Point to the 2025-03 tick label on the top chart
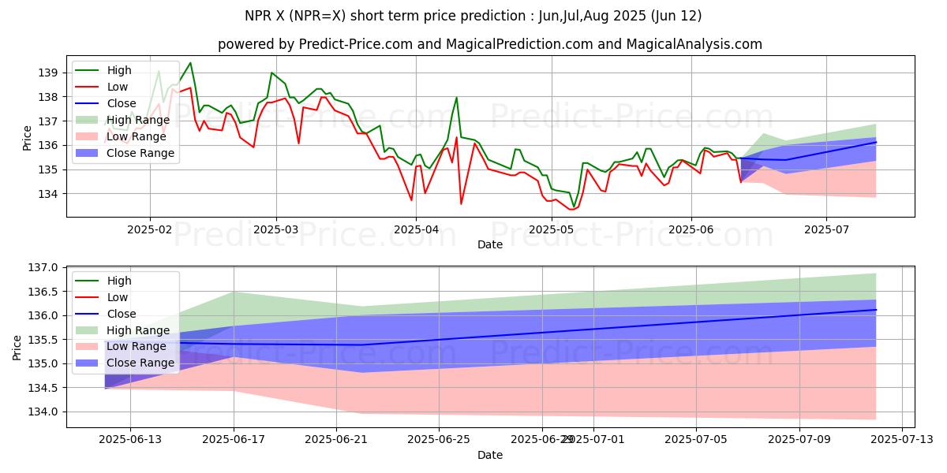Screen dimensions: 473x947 click(275, 229)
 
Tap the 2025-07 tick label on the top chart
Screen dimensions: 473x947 click(825, 229)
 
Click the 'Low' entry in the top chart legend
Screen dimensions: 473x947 click(118, 87)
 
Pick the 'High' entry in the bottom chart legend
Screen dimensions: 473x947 click(119, 281)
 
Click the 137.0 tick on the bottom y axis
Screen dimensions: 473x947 click(43, 268)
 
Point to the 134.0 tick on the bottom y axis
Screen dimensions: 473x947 click(43, 412)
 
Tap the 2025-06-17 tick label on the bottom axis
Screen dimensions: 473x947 click(234, 440)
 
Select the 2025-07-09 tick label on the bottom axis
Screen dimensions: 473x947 click(799, 440)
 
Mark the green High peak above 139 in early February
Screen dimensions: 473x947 click(189, 63)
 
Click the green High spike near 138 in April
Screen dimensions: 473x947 click(456, 98)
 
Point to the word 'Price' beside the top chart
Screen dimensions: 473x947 click(28, 138)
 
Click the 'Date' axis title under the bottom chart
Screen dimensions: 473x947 click(489, 455)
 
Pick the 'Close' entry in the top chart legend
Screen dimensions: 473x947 click(122, 103)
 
